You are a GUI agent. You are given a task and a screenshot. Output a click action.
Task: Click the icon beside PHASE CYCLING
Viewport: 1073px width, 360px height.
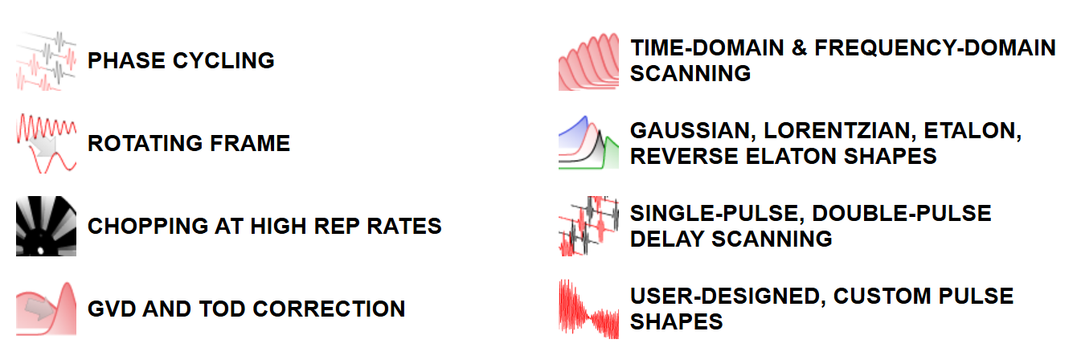point(46,61)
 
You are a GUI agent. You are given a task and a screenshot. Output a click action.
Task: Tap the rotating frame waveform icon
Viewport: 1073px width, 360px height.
point(46,144)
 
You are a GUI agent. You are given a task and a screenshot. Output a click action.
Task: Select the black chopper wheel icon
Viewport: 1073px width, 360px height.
point(46,226)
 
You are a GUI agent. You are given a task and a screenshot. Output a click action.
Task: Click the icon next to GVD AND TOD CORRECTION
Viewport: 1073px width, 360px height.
point(46,309)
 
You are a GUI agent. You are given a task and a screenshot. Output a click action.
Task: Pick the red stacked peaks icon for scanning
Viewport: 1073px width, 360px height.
point(588,61)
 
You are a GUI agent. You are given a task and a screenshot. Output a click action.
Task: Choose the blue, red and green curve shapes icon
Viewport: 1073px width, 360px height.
point(588,142)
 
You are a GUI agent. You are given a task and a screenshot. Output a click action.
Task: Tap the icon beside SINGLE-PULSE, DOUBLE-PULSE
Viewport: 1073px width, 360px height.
point(588,226)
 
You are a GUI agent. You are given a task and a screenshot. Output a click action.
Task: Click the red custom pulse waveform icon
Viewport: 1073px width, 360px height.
point(588,309)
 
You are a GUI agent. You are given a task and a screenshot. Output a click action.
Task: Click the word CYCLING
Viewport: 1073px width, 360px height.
point(223,61)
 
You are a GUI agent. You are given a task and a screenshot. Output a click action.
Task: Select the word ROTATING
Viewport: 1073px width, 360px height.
point(145,144)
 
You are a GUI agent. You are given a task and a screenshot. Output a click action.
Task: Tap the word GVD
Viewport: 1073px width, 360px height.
point(112,309)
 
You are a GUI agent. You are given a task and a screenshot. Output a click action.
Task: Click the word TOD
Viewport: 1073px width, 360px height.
point(223,309)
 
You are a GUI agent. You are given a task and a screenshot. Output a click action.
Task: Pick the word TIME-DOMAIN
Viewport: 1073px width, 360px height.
point(707,48)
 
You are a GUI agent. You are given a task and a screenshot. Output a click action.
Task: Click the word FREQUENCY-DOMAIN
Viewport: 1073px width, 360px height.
point(935,48)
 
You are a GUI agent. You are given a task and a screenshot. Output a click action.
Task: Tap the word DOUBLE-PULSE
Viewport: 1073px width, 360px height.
point(902,214)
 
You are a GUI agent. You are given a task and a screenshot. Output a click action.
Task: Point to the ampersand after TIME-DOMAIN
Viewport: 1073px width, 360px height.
point(800,48)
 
